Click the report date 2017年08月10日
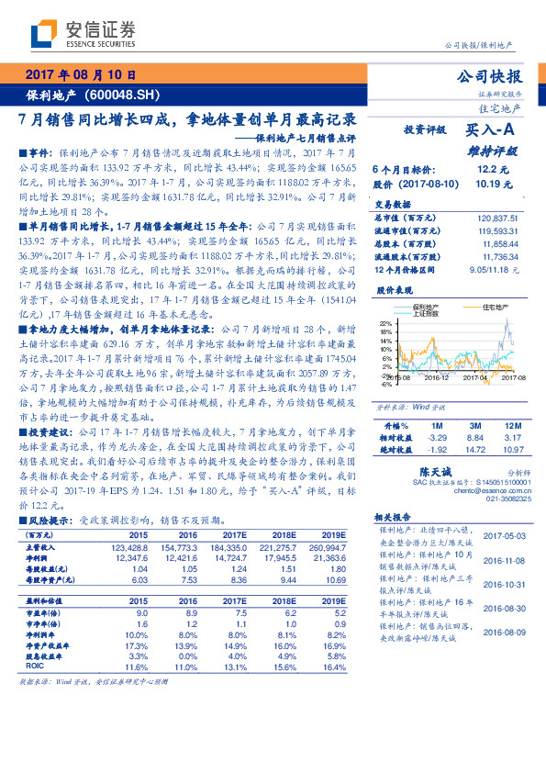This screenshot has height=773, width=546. [80, 76]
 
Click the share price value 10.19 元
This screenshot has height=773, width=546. [491, 184]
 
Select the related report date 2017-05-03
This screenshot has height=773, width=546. [502, 536]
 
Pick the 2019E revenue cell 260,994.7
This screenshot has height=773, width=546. [328, 546]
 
